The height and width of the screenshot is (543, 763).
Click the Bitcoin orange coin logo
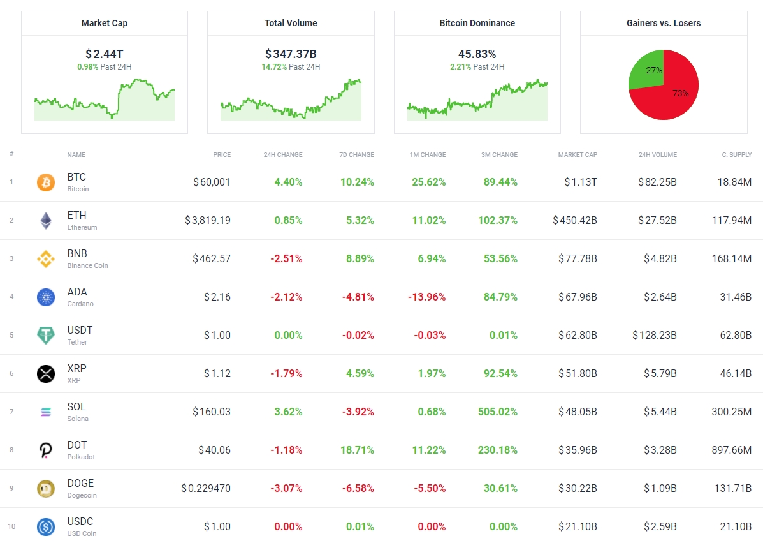[x=46, y=182]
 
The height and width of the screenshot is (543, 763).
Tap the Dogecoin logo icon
[x=46, y=489]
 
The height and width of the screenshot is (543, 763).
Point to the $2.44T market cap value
[x=105, y=54]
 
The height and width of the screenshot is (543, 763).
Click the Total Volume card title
[x=291, y=23]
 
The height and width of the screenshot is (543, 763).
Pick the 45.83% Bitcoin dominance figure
[x=477, y=54]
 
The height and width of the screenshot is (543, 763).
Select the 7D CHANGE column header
[x=356, y=154]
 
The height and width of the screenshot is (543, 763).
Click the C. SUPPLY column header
[x=736, y=154]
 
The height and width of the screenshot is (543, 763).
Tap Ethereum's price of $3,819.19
[x=208, y=220]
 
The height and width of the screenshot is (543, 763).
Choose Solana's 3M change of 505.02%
[x=498, y=412]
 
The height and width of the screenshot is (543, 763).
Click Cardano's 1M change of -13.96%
[x=426, y=297]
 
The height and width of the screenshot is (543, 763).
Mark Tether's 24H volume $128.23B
[x=655, y=335]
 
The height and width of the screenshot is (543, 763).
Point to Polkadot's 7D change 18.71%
[x=357, y=450]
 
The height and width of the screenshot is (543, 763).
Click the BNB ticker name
[x=76, y=253]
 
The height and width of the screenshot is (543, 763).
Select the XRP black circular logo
[x=46, y=374]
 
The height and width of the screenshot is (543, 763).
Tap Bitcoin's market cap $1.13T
[x=581, y=182]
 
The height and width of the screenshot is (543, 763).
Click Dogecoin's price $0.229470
[x=206, y=488]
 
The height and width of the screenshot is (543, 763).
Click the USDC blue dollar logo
[x=46, y=527]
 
